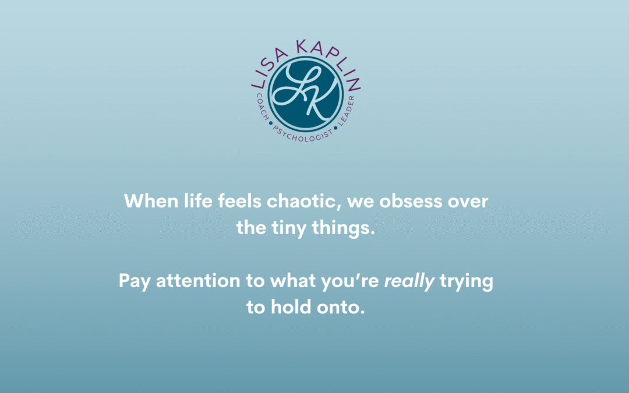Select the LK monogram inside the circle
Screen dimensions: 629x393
306,94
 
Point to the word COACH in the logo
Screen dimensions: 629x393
262,107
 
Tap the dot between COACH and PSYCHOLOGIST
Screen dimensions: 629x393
271,123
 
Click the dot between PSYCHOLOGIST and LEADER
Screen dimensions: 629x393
336,128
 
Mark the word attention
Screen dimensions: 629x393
198,281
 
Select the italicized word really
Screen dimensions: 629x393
409,281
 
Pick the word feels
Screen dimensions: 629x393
240,200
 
